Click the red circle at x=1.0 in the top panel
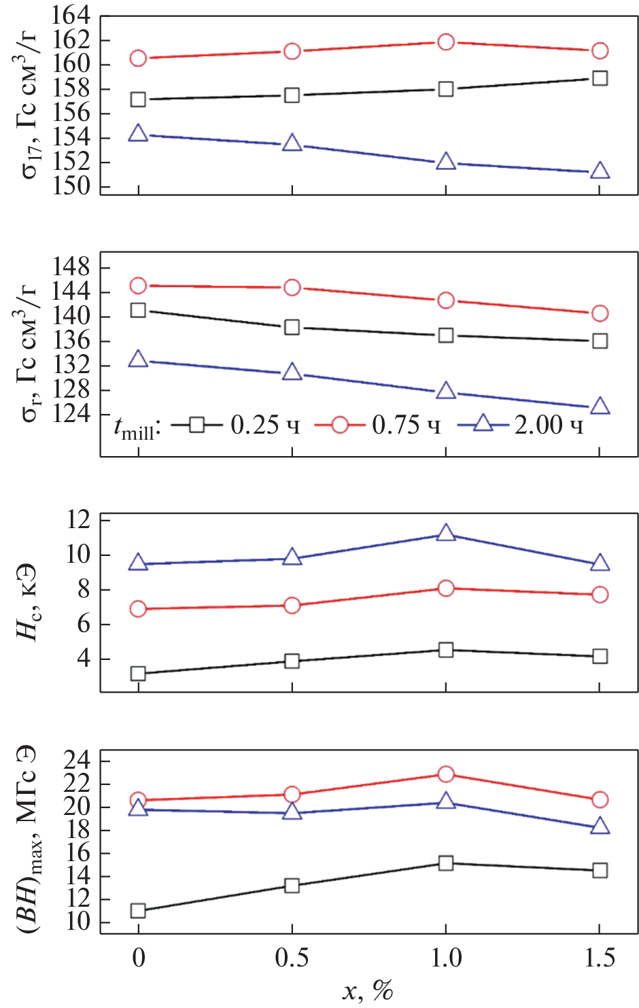[x=446, y=42]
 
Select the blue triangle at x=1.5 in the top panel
[x=600, y=171]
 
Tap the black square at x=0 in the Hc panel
[x=138, y=674]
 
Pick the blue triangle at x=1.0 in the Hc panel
[x=446, y=533]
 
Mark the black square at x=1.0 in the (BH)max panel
[x=446, y=863]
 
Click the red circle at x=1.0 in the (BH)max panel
[x=446, y=774]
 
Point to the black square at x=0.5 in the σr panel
[x=292, y=327]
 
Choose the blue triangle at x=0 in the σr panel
[x=138, y=359]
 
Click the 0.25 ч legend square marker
[x=196, y=425]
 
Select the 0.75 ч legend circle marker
[x=340, y=425]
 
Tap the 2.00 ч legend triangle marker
[x=483, y=424]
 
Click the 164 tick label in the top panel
[x=71, y=15]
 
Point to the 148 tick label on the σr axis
[x=71, y=268]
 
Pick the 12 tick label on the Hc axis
[x=78, y=520]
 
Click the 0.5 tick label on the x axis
[x=292, y=958]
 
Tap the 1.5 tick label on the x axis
[x=599, y=958]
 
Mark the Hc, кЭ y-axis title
[x=27, y=602]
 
